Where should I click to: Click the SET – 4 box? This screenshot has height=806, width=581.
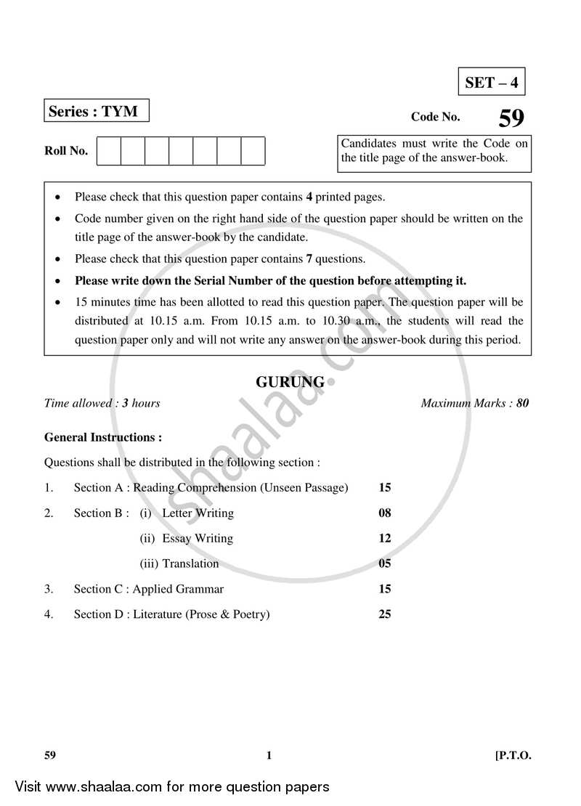(492, 82)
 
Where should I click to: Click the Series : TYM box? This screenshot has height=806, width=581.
(96, 112)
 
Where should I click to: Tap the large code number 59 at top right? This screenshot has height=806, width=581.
(511, 118)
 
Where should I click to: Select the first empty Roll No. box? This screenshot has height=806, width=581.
(108, 151)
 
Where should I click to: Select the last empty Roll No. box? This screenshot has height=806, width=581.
(253, 151)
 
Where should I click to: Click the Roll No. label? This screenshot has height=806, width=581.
(66, 151)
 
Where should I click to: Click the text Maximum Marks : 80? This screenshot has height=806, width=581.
(475, 403)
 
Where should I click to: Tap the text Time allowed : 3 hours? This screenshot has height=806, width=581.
(102, 403)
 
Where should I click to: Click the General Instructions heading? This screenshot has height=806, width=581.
(103, 437)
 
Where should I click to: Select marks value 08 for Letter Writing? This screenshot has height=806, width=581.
(385, 513)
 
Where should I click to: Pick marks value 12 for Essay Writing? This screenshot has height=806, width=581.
(385, 539)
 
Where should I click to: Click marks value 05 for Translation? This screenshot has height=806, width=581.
(385, 564)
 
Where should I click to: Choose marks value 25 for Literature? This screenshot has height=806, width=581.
(385, 614)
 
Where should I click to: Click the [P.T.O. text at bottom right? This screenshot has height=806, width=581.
(513, 756)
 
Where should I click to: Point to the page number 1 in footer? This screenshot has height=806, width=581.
(269, 756)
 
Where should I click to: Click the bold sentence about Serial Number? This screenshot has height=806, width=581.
(270, 280)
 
